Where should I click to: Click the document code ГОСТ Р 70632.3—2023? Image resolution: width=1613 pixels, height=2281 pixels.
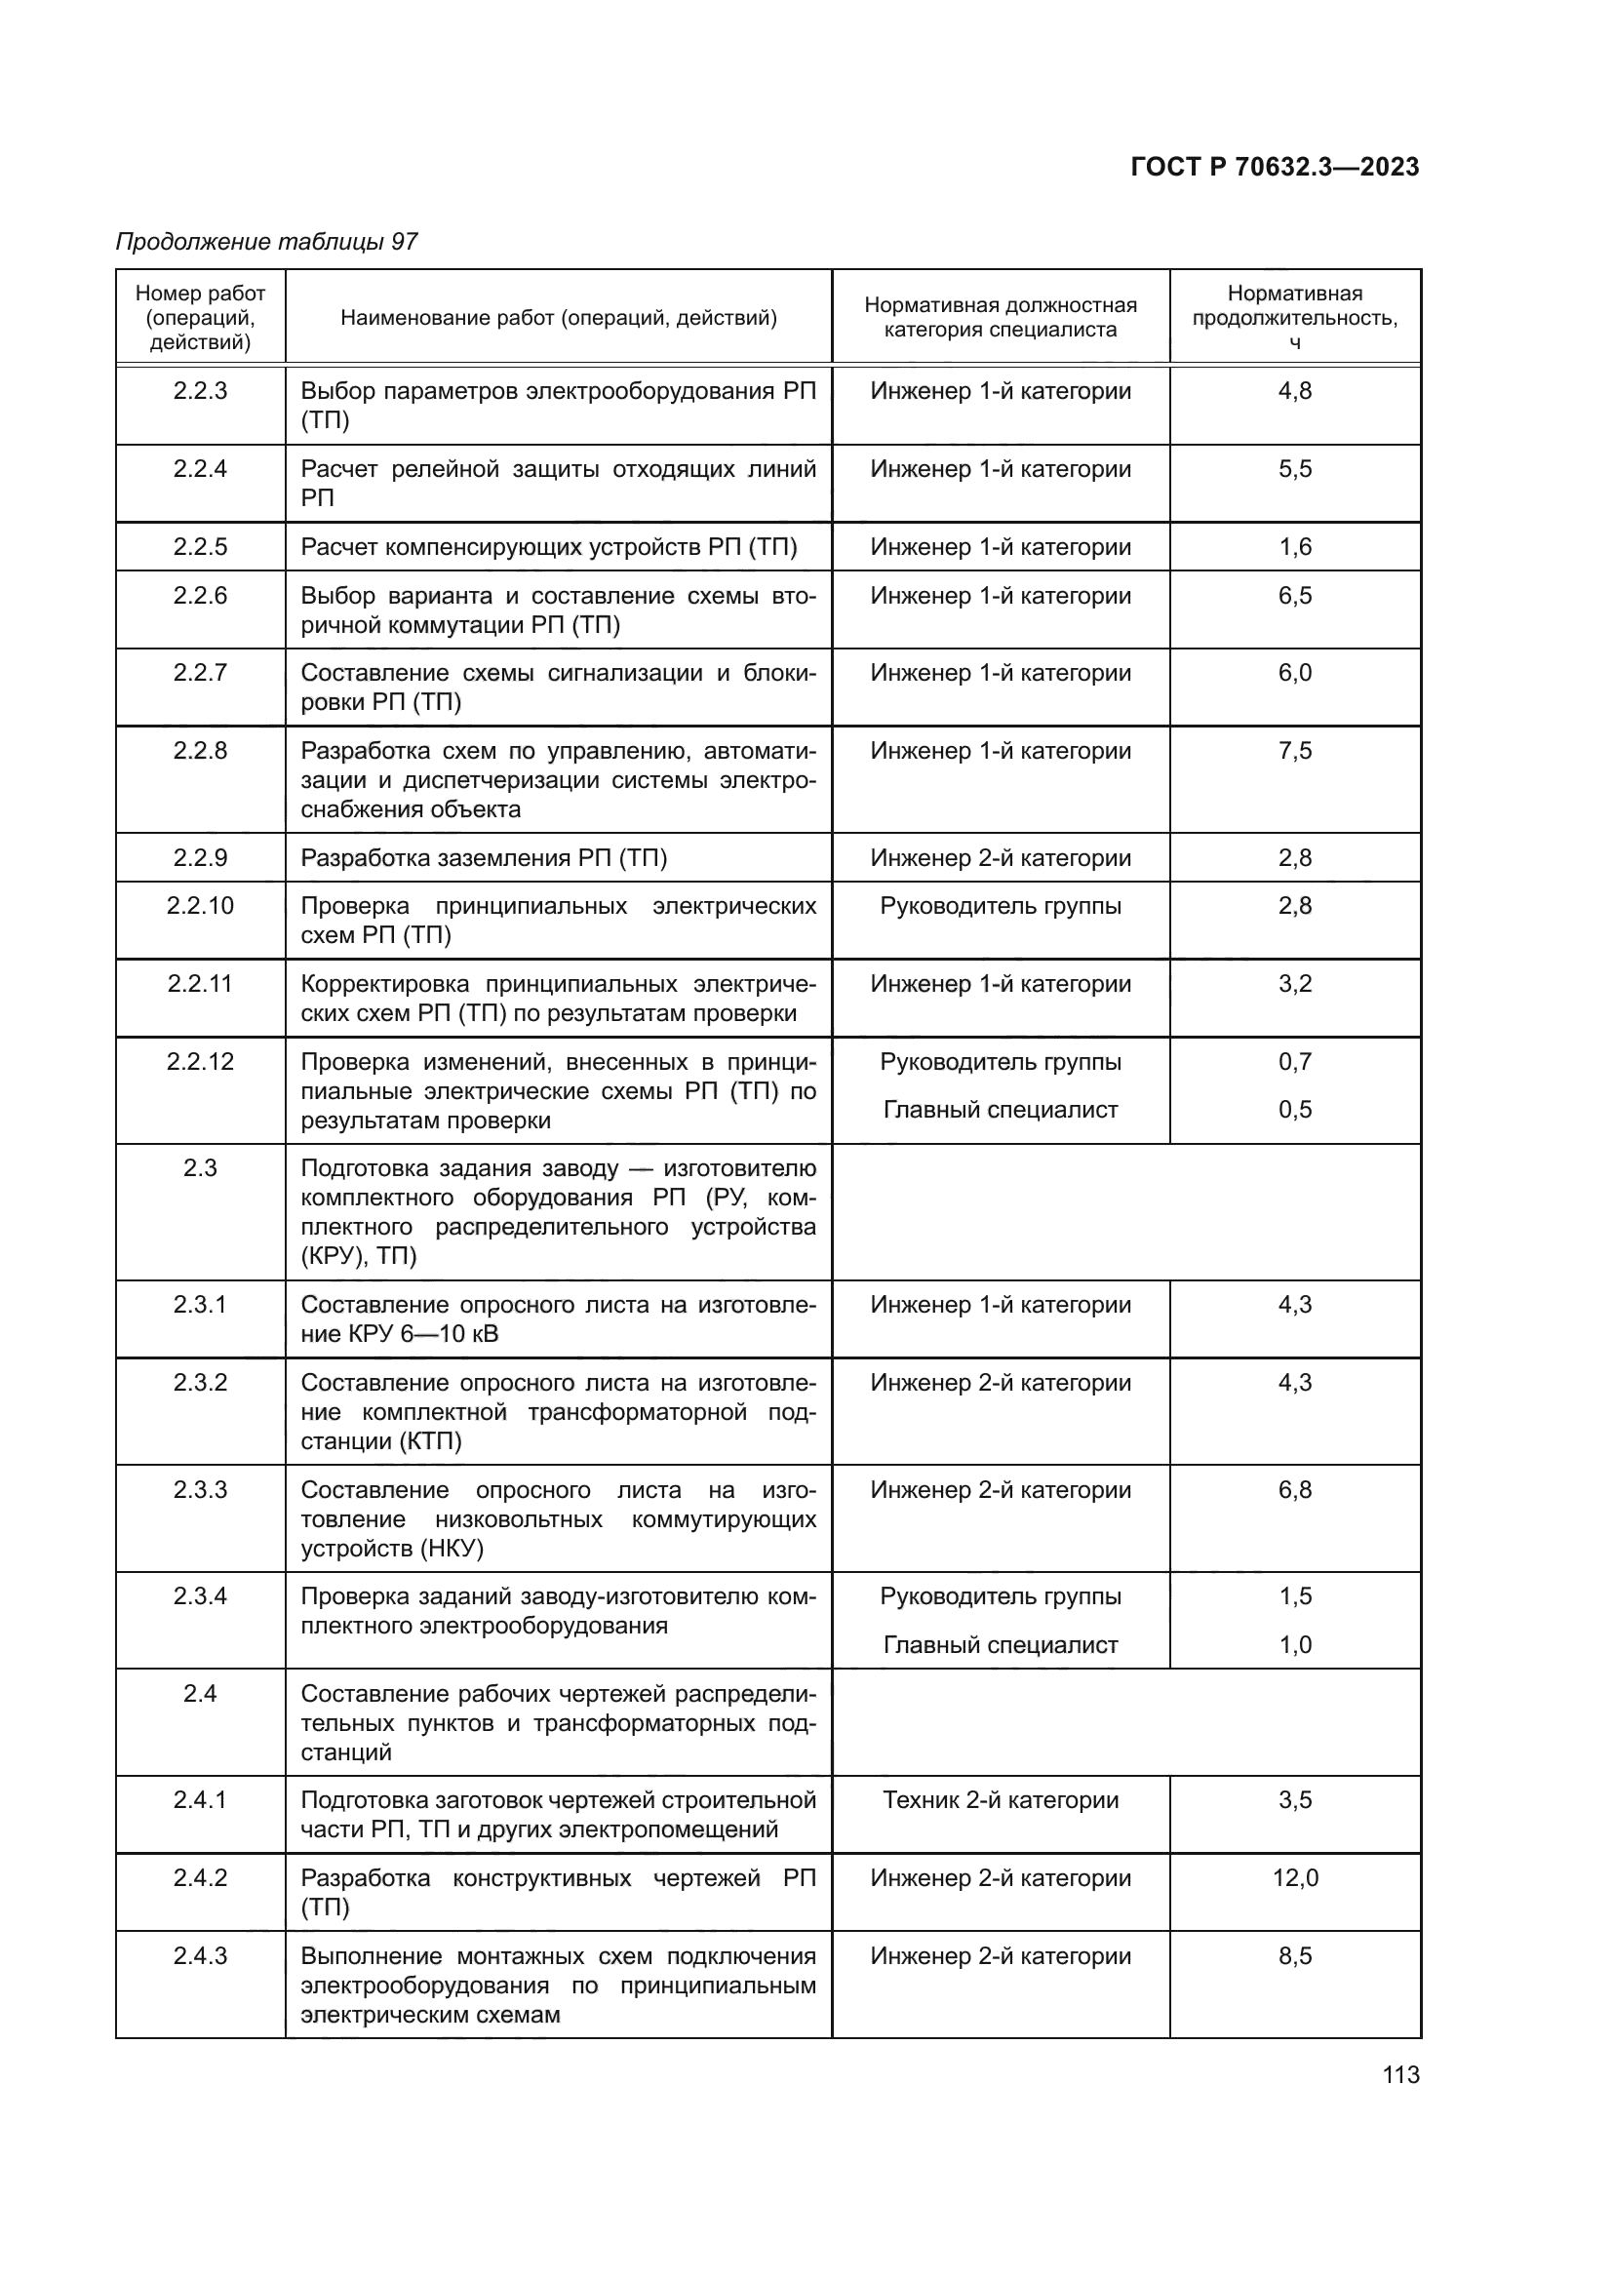tap(1275, 168)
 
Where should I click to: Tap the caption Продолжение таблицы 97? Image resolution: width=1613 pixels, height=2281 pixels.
tap(266, 242)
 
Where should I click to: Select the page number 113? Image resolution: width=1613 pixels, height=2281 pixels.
tap(1400, 2075)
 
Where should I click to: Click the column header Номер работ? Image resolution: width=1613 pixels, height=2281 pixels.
tap(201, 295)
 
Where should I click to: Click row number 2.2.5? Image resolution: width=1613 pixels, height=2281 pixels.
tap(201, 547)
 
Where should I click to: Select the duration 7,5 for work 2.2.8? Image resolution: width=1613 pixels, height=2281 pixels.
tap(1294, 751)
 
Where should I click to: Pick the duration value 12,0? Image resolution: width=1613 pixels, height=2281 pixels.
tap(1294, 1877)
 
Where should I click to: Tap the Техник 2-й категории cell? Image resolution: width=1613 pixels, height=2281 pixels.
tap(1001, 1800)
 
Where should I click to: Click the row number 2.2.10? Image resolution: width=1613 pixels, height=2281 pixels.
tap(201, 906)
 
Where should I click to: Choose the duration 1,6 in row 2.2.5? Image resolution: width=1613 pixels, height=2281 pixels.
tap(1294, 547)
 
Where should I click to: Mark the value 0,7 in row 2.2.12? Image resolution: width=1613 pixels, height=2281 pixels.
tap(1294, 1062)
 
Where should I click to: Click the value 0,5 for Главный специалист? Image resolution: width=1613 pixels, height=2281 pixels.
tap(1294, 1110)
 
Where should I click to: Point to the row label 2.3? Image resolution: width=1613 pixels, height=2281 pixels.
tap(201, 1168)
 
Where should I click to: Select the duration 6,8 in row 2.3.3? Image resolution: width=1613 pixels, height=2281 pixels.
tap(1294, 1490)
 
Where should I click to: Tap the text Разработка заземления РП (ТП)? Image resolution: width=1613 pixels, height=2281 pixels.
tap(484, 858)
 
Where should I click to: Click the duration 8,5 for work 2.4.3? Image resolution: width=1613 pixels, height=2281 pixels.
tap(1294, 1956)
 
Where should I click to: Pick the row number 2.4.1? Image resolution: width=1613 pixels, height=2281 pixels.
tap(201, 1800)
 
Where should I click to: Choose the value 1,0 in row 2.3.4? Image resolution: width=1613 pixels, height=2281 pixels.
tap(1294, 1645)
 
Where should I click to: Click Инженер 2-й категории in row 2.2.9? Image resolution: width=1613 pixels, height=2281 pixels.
tap(1001, 858)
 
